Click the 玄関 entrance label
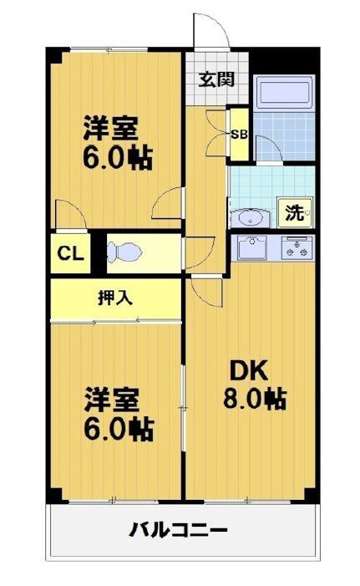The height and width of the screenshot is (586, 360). (x=215, y=80)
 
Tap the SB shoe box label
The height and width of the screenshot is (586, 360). (x=239, y=134)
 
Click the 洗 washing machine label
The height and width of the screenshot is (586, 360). (x=295, y=212)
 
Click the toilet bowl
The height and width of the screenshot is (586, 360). (x=124, y=252)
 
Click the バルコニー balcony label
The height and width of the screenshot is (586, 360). (x=179, y=530)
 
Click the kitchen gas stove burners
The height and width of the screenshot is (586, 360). (x=297, y=247)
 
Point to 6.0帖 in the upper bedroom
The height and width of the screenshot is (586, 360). (x=116, y=158)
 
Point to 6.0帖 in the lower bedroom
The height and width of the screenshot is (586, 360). (x=116, y=428)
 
